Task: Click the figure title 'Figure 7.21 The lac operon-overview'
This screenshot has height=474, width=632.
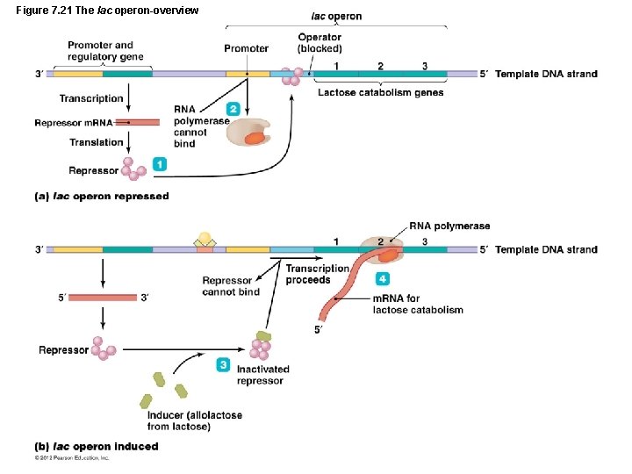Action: click(x=107, y=10)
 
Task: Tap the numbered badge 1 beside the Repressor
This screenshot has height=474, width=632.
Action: click(x=159, y=163)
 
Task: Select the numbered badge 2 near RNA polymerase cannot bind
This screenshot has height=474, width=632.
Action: click(x=233, y=109)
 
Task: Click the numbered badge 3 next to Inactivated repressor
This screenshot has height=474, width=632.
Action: click(x=224, y=364)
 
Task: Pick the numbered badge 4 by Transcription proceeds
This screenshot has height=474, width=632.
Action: click(x=382, y=278)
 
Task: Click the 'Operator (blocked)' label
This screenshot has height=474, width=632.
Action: click(x=320, y=43)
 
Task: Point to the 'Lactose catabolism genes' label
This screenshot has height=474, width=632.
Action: click(x=380, y=93)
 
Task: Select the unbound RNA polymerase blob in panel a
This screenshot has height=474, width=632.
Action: click(x=249, y=133)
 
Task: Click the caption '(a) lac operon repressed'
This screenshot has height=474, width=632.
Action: click(x=101, y=197)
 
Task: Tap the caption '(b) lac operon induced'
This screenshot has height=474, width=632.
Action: click(x=97, y=447)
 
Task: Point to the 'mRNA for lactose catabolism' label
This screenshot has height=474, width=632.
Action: click(x=418, y=304)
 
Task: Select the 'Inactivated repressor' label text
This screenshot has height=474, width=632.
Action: click(x=261, y=375)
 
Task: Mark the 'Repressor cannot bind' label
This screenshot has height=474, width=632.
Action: click(x=231, y=286)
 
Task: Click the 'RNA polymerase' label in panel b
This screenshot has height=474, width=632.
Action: click(x=449, y=226)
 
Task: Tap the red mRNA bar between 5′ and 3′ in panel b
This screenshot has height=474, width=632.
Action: click(x=104, y=298)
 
